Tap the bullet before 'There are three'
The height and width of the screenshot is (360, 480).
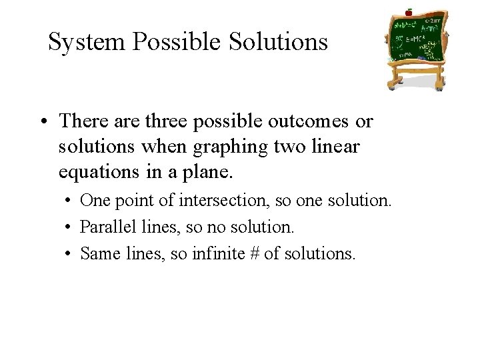pyautogui.click(x=44, y=123)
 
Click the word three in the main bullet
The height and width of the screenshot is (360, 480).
pyautogui.click(x=175, y=122)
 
